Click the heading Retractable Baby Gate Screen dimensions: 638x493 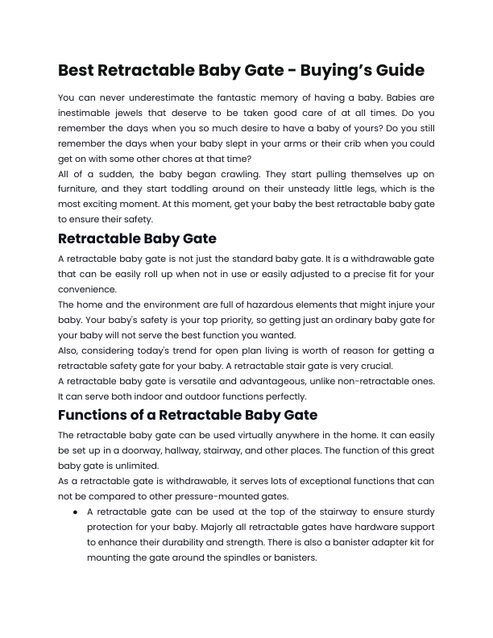click(x=138, y=238)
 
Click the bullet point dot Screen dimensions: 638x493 click(x=75, y=512)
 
